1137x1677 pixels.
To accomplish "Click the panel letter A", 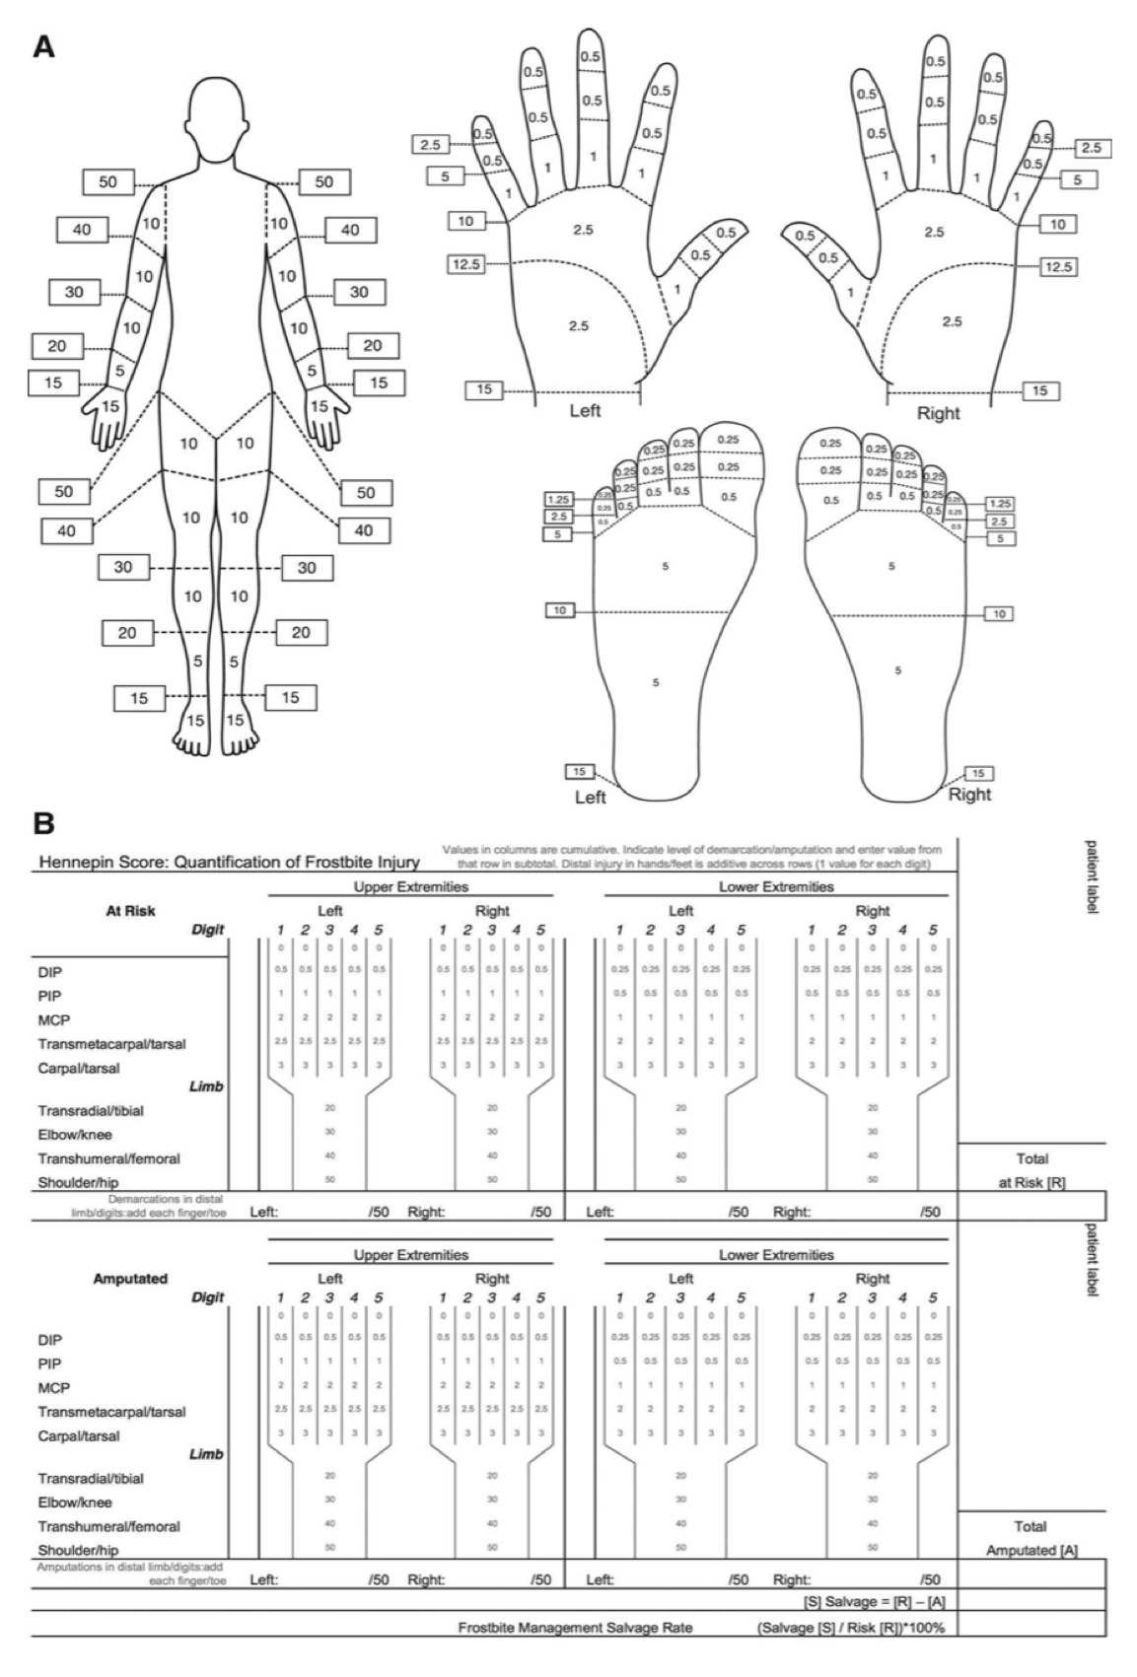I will tap(43, 46).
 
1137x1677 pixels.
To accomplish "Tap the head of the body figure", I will tap(214, 113).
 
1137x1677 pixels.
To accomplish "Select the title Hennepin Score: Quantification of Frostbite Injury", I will tap(229, 863).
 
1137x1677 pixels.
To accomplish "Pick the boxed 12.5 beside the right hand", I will tap(1059, 266).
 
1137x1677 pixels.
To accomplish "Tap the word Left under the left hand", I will tap(586, 411).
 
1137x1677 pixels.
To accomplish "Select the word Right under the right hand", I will tap(938, 413).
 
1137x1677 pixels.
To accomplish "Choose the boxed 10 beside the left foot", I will tap(560, 611).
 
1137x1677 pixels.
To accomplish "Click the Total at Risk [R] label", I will tap(1031, 1169).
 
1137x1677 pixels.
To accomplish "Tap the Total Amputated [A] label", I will tap(1031, 1538).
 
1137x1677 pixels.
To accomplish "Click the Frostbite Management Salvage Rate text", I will tap(575, 1628).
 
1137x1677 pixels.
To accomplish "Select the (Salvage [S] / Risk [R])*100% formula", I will tap(851, 1628).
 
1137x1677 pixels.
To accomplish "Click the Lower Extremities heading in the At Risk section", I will tap(776, 886).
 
